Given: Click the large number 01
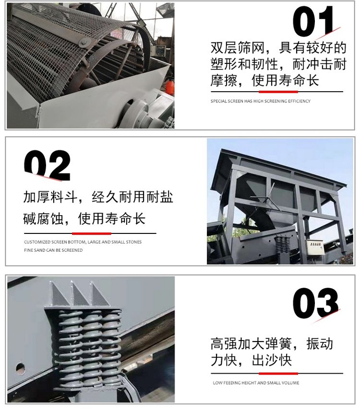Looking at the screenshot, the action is coord(313,21).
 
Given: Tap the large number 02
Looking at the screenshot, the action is coord(47,165).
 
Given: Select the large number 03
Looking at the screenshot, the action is coord(315,303).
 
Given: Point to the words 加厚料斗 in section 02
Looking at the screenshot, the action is coord(50,197).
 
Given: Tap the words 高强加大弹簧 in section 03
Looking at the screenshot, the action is coord(251,344).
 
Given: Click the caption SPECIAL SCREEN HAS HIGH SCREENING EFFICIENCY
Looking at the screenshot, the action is coord(261,101).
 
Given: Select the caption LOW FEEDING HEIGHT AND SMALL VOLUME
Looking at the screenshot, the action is coord(256,383).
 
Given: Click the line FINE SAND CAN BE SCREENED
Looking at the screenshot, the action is coord(53,250).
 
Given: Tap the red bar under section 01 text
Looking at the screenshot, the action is coord(278,92).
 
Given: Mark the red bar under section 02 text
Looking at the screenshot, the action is coord(92,233).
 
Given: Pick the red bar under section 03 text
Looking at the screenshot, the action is coord(278,374).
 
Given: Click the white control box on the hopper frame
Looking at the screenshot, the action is coord(314,247).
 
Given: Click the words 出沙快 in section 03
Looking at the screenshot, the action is coord(272,360).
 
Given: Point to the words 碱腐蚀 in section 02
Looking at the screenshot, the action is coord(44,219).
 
